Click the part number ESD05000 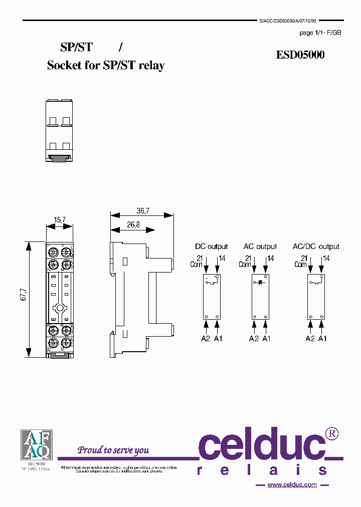(x=300, y=55)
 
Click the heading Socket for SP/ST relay (x=106, y=65)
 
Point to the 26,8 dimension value (x=133, y=225)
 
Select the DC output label (x=211, y=246)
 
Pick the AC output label (x=260, y=246)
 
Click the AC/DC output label (x=316, y=246)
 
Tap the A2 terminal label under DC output (x=205, y=339)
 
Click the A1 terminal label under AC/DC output (x=322, y=339)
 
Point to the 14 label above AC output (x=270, y=259)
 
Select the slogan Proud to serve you (x=113, y=450)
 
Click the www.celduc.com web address (x=292, y=484)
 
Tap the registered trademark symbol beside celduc (x=332, y=433)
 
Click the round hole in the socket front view (x=60, y=309)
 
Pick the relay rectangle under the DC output (x=211, y=297)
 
